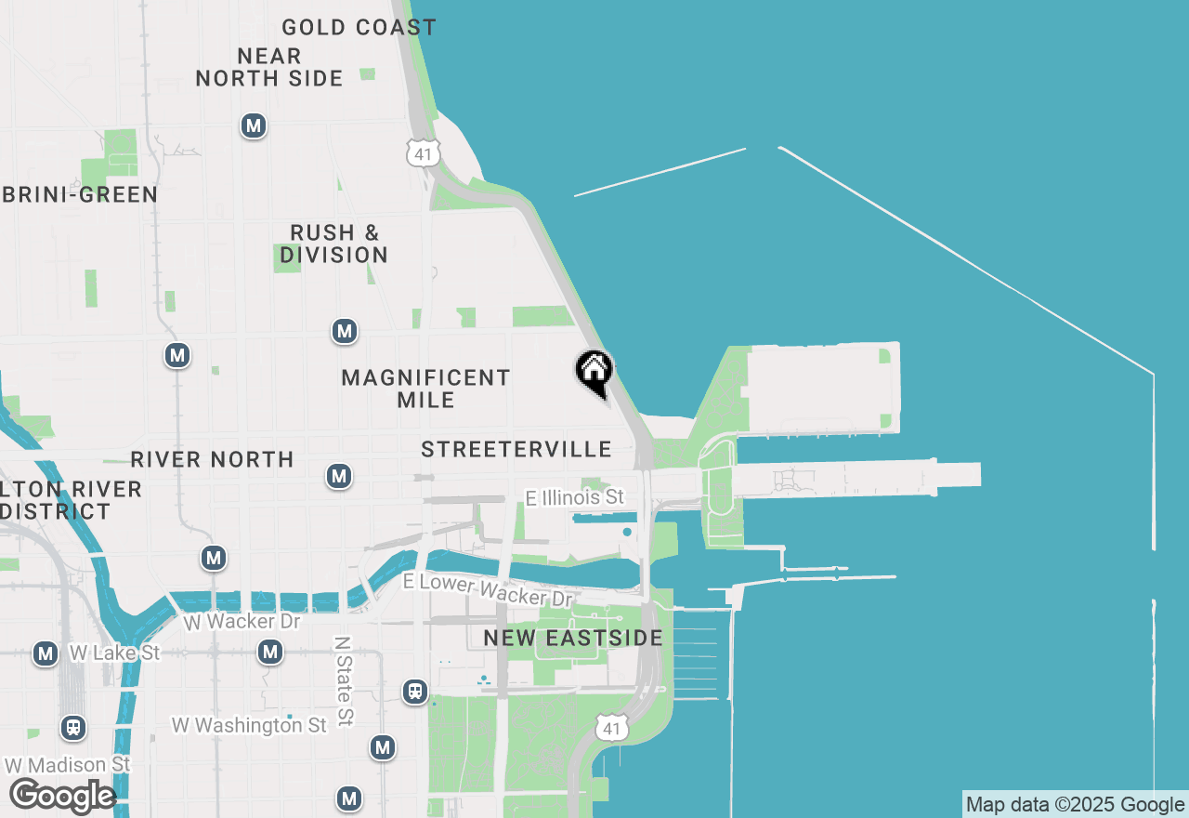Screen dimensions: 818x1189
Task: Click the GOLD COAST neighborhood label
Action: click(359, 28)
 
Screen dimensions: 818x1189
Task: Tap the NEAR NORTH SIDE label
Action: click(269, 68)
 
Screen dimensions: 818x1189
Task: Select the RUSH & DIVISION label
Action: click(334, 244)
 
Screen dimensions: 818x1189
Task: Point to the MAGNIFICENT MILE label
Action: click(425, 389)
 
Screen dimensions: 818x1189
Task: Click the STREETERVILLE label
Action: click(516, 450)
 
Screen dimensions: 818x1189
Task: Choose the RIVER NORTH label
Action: click(212, 459)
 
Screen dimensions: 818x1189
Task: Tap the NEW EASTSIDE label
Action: click(573, 639)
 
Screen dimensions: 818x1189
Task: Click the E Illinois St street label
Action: click(575, 498)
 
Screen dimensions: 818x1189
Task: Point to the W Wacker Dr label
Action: click(242, 621)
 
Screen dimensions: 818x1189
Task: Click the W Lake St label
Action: click(114, 653)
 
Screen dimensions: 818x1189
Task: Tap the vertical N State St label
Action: click(344, 681)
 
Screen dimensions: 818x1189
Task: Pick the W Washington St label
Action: click(249, 725)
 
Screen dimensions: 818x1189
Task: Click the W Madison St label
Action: click(68, 765)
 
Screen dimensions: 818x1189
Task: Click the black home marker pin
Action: click(594, 373)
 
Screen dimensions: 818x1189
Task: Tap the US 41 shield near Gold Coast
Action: click(423, 153)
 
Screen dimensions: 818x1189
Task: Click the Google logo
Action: click(61, 797)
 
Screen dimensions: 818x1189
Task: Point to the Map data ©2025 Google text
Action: click(1075, 805)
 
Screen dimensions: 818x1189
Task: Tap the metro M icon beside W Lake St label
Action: click(46, 653)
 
